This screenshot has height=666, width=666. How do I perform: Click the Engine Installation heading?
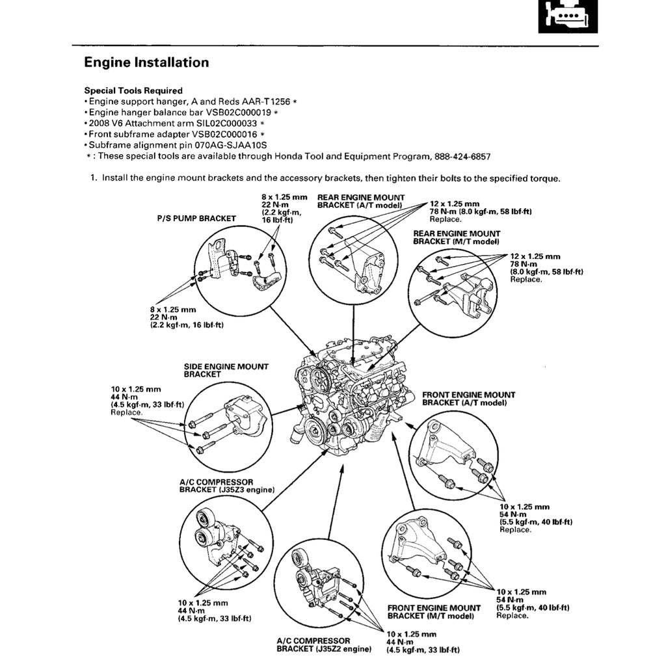(146, 63)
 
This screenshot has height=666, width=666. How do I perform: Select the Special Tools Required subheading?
(133, 91)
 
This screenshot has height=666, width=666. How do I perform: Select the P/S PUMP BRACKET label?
(196, 219)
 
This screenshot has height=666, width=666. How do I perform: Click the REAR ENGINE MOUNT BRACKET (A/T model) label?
(360, 201)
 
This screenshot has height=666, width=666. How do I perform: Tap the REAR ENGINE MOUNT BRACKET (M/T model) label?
(457, 237)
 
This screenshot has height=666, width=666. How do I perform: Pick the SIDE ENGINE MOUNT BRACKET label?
(226, 370)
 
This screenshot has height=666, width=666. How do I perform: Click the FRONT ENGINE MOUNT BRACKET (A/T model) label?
(468, 399)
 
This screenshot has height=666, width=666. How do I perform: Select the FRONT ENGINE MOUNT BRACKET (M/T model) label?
(434, 612)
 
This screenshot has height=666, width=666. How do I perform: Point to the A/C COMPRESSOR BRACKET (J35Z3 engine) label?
(226, 486)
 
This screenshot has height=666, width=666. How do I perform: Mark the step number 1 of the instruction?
(93, 178)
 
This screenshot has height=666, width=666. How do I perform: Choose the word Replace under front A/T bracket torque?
(515, 529)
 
